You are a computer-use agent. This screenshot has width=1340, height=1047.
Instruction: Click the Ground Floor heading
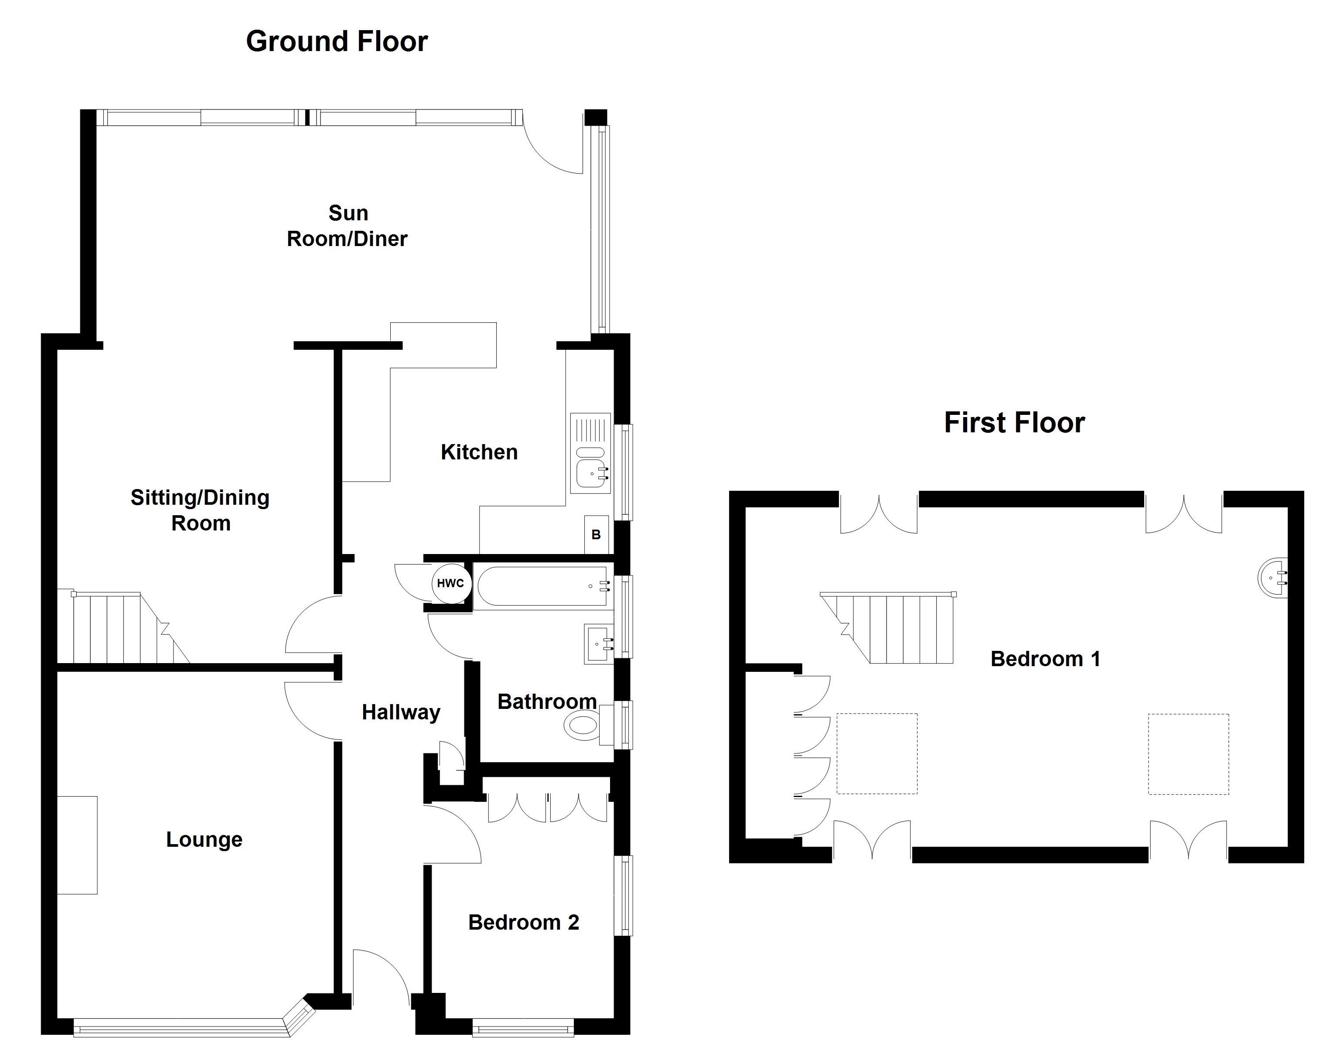coord(337,42)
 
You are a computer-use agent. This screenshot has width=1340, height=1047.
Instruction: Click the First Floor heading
coord(1014,423)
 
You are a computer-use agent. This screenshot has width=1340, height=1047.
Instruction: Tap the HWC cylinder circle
coord(451,583)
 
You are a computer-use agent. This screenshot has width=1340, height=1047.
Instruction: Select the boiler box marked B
coord(596,534)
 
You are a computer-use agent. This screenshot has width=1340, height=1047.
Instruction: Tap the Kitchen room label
coord(479,452)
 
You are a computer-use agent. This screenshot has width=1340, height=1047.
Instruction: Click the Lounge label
coord(205,840)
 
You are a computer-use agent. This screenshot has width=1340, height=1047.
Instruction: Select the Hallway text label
coord(401,712)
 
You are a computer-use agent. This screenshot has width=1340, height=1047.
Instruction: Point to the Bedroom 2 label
coord(523,922)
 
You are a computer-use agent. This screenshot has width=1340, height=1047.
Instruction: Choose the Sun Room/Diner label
coord(347,226)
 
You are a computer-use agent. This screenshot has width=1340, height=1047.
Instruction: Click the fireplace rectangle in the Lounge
coord(77,845)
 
